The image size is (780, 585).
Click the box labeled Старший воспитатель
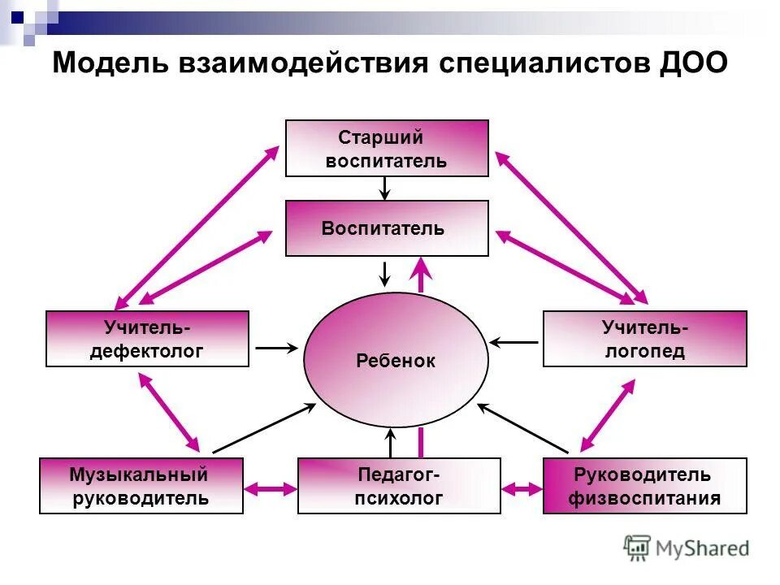tap(387, 148)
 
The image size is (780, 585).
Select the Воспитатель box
tap(387, 228)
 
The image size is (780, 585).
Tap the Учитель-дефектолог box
tap(147, 339)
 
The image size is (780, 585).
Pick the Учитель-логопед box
tap(644, 339)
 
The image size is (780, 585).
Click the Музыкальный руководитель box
tap(141, 486)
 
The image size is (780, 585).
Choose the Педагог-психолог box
tap(399, 486)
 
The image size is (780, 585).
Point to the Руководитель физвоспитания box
tap(644, 486)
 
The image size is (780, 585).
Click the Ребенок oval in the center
tap(396, 361)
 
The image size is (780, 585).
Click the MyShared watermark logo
tap(687, 548)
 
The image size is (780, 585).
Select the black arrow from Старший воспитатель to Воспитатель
tap(386, 188)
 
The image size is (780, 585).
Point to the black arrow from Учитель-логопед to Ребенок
tap(514, 342)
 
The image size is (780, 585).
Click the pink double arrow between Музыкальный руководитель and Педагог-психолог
tap(271, 488)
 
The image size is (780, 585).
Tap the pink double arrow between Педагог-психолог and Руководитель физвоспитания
tap(522, 489)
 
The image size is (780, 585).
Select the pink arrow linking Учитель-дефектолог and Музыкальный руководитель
tap(169, 411)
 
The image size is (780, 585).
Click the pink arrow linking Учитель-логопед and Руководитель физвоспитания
tap(607, 415)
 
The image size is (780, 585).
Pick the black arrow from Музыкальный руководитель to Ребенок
tap(263, 428)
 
